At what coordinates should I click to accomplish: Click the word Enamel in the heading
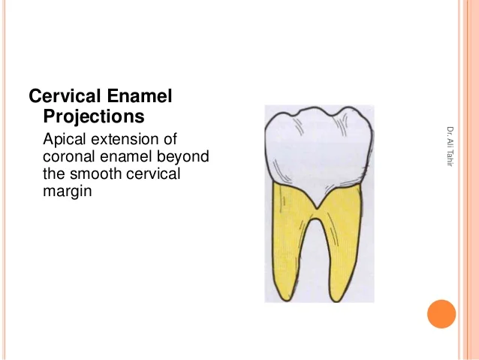[140, 95]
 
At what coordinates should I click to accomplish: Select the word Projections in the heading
[94, 116]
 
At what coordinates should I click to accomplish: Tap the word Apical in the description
[64, 140]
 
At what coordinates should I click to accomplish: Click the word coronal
[69, 157]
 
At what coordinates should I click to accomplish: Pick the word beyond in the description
[182, 157]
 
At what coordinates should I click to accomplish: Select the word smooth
[95, 174]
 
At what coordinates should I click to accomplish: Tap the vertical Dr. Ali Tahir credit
[450, 147]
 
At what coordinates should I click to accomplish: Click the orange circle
[441, 314]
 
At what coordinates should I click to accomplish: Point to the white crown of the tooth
[318, 147]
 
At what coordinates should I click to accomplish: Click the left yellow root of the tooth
[289, 242]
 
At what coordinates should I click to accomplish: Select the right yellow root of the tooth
[344, 245]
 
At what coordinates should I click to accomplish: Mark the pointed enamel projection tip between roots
[317, 209]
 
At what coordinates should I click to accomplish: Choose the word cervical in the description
[153, 174]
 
